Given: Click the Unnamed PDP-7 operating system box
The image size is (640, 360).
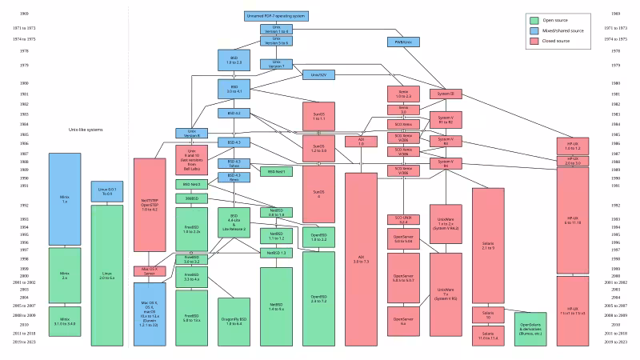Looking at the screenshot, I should pos(276,15).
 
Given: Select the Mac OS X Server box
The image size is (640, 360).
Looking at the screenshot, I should pos(149,270).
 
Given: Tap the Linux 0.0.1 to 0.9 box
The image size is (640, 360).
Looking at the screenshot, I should pos(106,192).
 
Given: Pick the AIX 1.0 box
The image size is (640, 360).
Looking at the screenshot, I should pos(355,141).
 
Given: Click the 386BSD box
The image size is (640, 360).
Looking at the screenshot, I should pos(192,197).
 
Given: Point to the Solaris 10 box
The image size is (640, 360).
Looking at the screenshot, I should pos(487,314).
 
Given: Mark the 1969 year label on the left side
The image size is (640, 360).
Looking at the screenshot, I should pos(26,15).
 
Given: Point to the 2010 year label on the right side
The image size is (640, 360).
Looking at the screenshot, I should pos(614,325).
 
